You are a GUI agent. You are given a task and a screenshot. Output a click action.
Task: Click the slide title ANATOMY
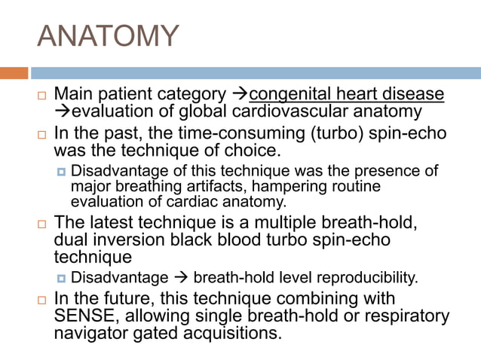point(109,35)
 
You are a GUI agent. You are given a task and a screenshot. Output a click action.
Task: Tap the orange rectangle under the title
point(14,73)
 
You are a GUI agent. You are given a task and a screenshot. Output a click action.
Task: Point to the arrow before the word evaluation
point(63,112)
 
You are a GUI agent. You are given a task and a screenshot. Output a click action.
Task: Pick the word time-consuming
point(227,134)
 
